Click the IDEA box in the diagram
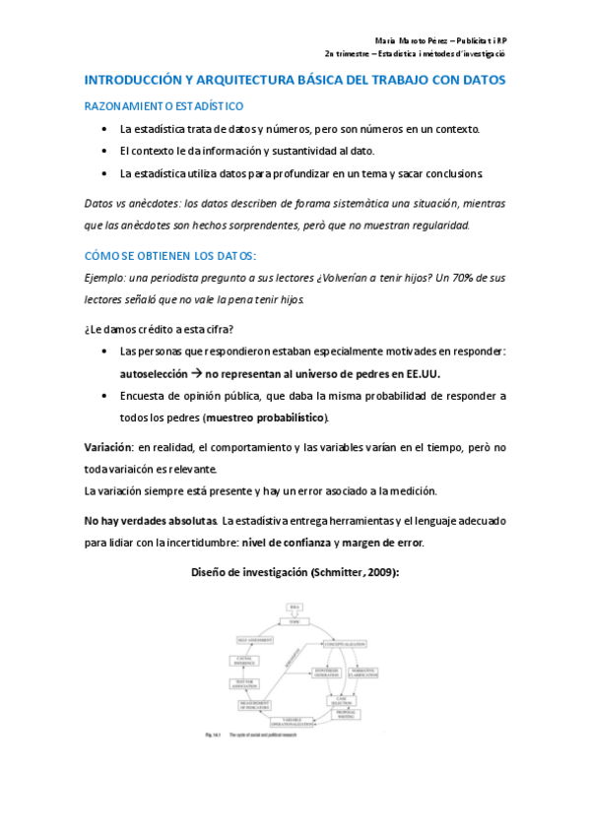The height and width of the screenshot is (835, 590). click(293, 607)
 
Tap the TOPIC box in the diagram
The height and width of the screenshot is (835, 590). click(293, 620)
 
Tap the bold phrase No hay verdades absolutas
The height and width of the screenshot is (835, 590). click(152, 520)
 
